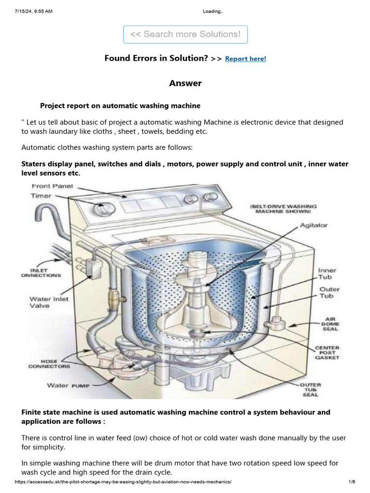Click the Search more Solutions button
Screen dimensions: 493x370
[185, 34]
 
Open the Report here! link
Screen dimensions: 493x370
[245, 59]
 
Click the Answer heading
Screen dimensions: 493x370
[185, 83]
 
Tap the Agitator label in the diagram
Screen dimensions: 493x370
[314, 225]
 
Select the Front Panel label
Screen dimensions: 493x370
[52, 186]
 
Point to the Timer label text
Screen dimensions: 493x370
[41, 196]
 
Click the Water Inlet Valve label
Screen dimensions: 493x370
[49, 302]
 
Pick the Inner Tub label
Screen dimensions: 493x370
[327, 274]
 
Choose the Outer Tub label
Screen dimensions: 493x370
[329, 293]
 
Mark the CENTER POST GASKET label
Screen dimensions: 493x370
[327, 352]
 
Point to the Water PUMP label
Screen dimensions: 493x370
[68, 385]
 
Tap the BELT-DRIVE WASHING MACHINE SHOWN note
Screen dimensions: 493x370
[283, 208]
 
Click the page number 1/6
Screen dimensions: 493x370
[352, 482]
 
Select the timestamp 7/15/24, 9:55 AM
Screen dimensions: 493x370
[34, 12]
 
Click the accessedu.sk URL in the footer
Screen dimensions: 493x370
[123, 482]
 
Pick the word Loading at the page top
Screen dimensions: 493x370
[213, 12]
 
